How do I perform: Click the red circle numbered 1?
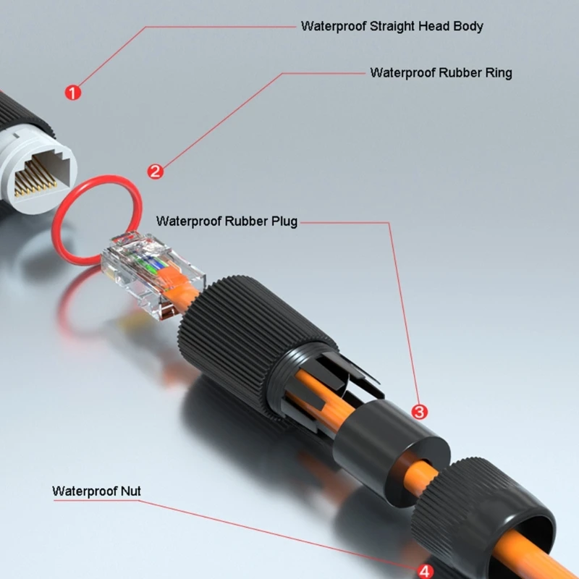click(x=73, y=93)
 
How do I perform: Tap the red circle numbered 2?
click(x=155, y=172)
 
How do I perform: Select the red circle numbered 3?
click(x=419, y=411)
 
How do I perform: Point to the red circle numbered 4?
click(x=426, y=571)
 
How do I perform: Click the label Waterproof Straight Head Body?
click(x=392, y=26)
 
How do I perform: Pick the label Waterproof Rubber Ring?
click(x=441, y=72)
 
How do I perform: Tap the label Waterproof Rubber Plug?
click(x=227, y=221)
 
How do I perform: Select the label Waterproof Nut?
click(x=96, y=491)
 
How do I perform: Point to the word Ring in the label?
click(x=498, y=72)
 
